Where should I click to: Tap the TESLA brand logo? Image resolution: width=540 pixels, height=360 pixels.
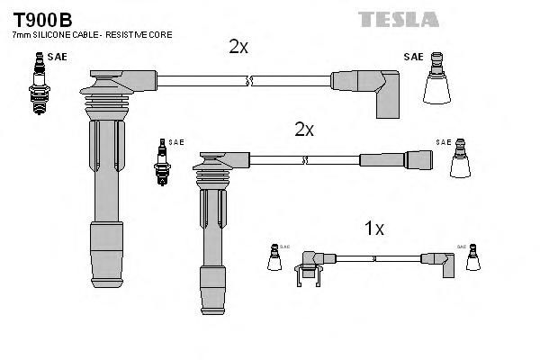pos(399,19)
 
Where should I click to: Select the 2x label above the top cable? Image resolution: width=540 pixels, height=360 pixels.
pos(238,47)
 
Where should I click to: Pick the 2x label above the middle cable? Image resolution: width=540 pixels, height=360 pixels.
pos(304,130)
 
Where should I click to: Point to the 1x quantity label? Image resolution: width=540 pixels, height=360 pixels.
pos(374,229)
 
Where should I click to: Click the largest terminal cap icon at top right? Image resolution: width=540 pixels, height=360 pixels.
pos(438,85)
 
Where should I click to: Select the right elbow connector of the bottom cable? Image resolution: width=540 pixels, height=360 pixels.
pos(445,261)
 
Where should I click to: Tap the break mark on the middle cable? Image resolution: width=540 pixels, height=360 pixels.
pos(307,159)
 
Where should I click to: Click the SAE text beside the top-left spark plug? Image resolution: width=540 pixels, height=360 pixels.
pos(57,57)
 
